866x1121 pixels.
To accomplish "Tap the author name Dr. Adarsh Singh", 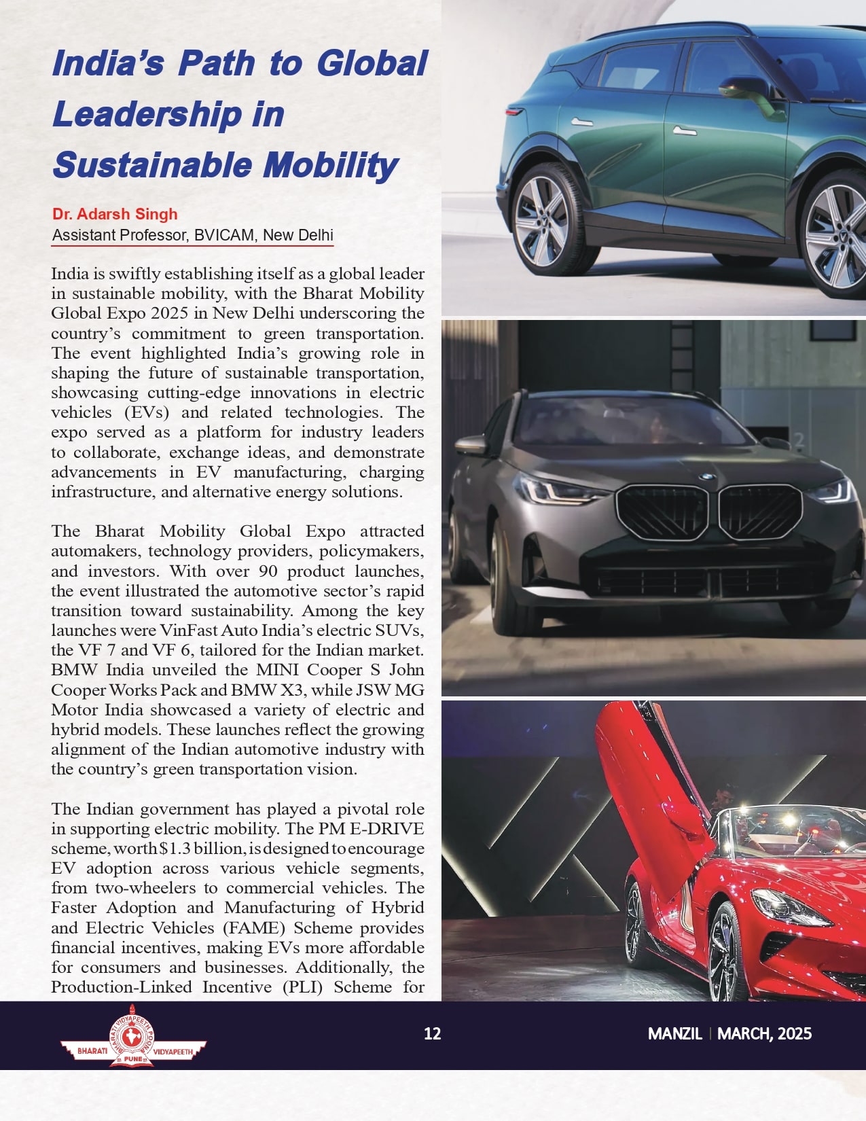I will coord(115,214).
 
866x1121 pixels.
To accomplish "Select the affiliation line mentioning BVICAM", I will coord(193,235).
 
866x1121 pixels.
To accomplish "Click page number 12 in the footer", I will coord(432,1034).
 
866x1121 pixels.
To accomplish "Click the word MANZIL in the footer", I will coord(674,1034).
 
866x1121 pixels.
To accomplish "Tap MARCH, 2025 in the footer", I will coord(764,1034).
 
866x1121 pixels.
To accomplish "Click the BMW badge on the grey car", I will coord(707,477).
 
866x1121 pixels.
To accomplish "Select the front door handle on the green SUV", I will coord(684,130).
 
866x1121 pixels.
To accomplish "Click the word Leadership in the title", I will coord(147,114).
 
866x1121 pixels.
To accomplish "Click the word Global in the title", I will coord(372,63).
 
